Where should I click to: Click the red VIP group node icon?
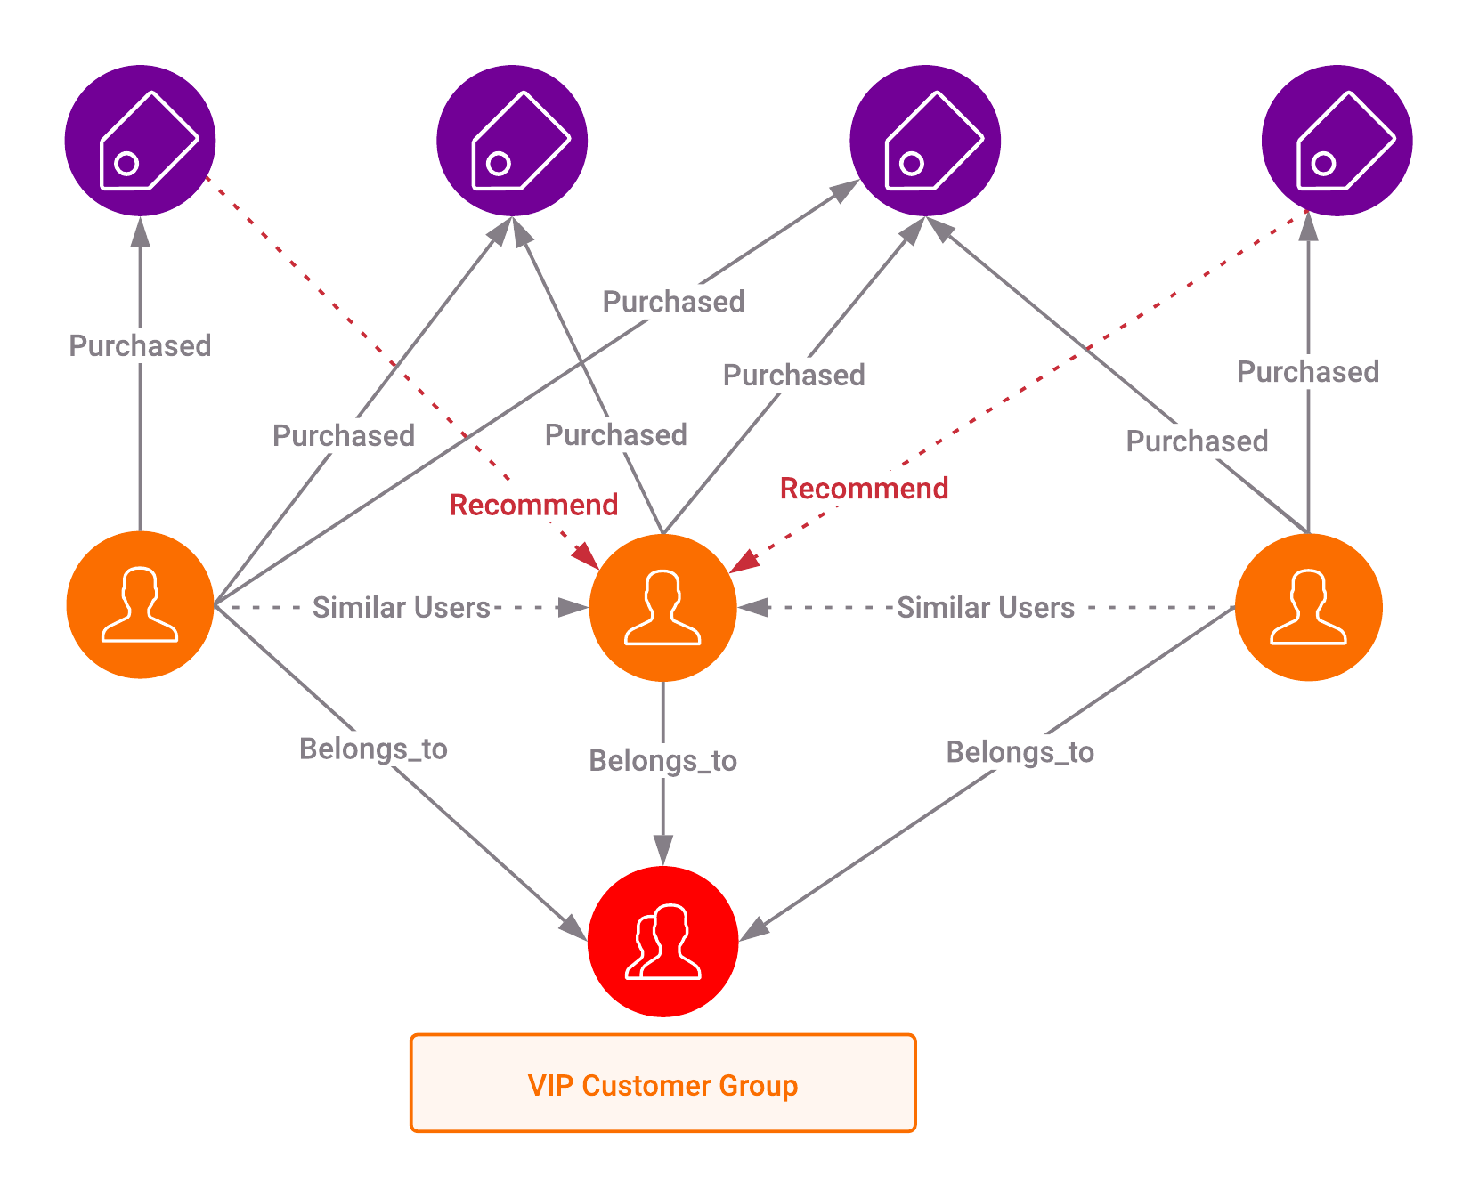pos(662,941)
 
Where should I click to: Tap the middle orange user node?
pos(662,608)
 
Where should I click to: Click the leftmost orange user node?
pos(140,605)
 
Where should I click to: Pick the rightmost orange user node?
pos(1308,607)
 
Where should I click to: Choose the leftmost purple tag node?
pos(140,141)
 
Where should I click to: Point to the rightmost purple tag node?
pos(1337,141)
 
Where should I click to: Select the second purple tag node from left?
pos(512,141)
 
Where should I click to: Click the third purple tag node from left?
pos(925,141)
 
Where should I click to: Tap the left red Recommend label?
pos(533,505)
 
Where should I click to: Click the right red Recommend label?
pos(864,489)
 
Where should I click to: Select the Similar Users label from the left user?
pos(401,608)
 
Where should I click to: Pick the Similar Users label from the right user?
pos(985,608)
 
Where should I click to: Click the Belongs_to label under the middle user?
pos(662,761)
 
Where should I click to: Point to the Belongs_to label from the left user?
pos(373,749)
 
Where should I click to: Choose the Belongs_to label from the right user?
pos(1020,752)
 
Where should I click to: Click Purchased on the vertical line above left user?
pos(140,346)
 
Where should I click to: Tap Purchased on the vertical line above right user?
pos(1308,372)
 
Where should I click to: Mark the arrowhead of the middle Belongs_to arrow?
pos(662,849)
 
